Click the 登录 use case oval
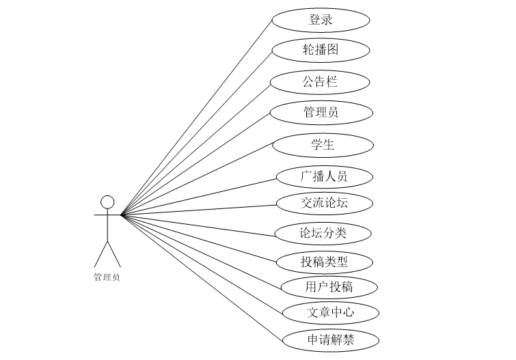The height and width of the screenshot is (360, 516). (321, 20)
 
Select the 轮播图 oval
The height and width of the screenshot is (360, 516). (321, 50)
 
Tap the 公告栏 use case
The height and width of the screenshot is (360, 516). (320, 82)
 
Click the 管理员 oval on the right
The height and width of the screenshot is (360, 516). (321, 112)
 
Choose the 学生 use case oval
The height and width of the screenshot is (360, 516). (323, 145)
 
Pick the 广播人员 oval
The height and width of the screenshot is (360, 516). (324, 176)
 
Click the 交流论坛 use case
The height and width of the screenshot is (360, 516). (324, 203)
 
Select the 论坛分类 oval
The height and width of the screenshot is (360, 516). (323, 233)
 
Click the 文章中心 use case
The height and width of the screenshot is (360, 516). (329, 313)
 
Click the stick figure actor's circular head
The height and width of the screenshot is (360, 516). (107, 202)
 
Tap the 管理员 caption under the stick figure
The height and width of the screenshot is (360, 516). (107, 277)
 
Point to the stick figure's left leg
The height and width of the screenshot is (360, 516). (100, 253)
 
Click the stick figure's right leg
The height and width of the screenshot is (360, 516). (114, 253)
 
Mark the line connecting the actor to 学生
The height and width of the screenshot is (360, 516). (198, 180)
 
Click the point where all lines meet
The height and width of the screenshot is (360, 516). (122, 215)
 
